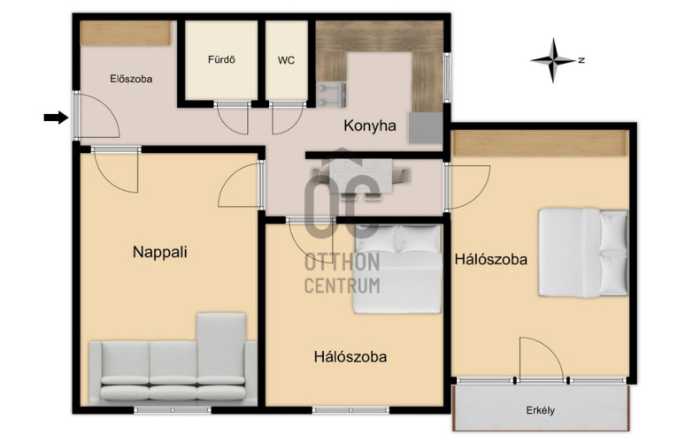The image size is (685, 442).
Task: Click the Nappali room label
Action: click(160, 252)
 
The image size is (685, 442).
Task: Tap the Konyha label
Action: click(370, 126)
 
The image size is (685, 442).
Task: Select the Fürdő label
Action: click(221, 59)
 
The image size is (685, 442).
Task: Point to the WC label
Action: click(286, 60)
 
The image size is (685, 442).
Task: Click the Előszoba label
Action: click(131, 79)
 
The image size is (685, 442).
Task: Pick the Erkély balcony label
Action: click(541, 410)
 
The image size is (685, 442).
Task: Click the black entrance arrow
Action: click(56, 118)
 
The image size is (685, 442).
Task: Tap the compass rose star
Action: click(553, 60)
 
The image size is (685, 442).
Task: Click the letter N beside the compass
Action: click(581, 60)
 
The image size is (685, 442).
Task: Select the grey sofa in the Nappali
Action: click(173, 359)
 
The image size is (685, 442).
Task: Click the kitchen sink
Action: click(332, 95)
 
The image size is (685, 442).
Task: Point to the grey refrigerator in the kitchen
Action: click(426, 128)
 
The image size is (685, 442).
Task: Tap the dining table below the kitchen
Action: click(361, 176)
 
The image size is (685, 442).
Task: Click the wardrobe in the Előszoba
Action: click(126, 34)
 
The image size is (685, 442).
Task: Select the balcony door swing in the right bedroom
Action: click(542, 358)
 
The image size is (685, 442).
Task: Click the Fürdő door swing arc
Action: click(233, 118)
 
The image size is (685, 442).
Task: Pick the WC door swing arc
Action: click(287, 118)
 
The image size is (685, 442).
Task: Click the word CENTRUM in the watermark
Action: click(342, 286)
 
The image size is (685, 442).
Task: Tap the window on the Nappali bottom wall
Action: click(172, 410)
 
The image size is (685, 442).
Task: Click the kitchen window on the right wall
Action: click(447, 78)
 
